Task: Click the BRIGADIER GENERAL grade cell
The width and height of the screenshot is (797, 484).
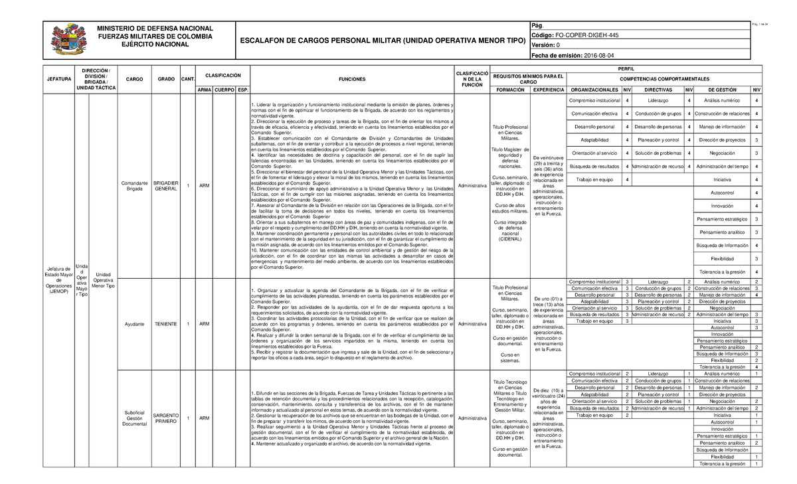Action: (166, 185)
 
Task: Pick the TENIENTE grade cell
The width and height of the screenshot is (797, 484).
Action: (166, 324)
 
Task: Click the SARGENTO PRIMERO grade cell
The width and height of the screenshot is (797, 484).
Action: (166, 418)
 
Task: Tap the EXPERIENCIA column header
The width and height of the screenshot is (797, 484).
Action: (549, 90)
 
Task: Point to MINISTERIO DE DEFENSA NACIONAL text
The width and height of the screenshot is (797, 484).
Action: (155, 28)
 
